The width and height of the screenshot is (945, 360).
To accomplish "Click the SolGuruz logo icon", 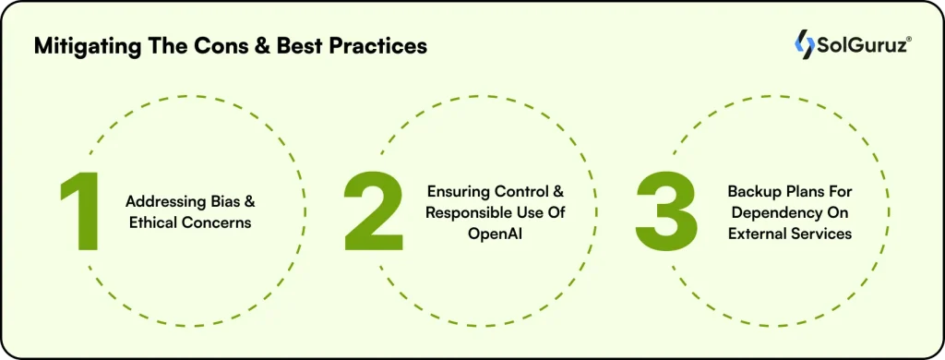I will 805,43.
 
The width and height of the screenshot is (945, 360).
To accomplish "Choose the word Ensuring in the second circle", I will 456,192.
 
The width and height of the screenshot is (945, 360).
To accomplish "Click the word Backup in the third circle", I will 754,192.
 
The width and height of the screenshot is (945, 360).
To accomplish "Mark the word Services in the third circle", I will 821,234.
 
